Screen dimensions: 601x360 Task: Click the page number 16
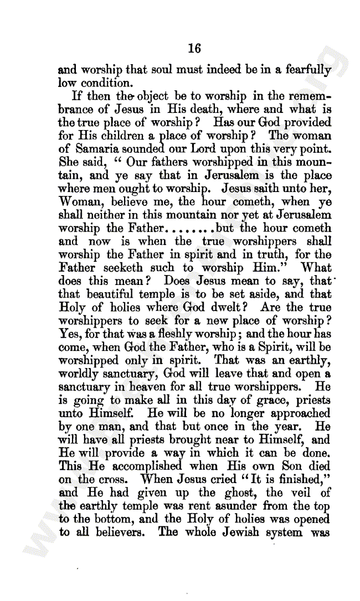click(x=194, y=48)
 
